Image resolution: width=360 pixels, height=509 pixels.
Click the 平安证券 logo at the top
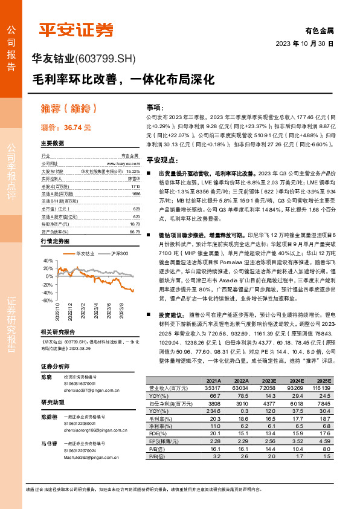[76, 29]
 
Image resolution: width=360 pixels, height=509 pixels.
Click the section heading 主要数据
[53, 144]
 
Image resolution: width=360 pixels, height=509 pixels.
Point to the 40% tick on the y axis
[48, 260]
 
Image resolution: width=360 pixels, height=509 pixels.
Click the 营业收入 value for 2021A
[213, 387]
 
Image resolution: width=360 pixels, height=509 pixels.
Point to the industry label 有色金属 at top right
[320, 30]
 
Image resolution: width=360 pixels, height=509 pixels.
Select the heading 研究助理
[52, 402]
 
